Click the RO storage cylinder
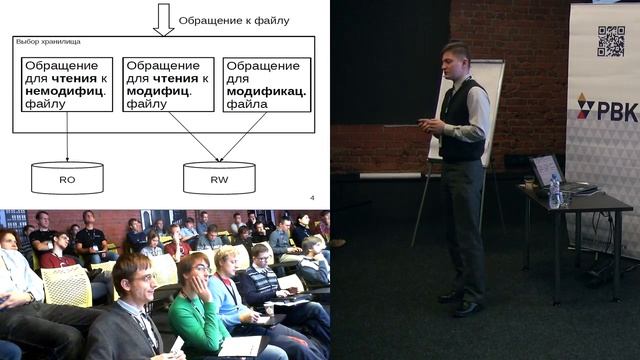67,178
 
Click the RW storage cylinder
219,178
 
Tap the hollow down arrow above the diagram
163,19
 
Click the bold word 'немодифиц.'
60,89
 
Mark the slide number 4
312,197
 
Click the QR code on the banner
610,41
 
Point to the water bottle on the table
555,190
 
